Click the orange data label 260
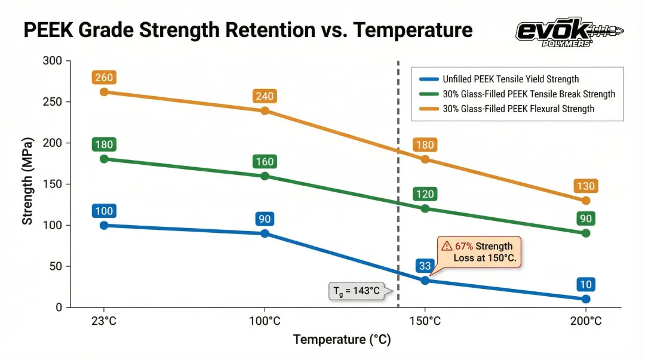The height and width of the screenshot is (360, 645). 104,78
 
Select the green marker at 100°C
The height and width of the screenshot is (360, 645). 265,176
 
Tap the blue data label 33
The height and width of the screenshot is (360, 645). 425,266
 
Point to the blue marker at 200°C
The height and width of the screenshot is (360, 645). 586,299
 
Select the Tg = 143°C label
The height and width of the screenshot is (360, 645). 357,291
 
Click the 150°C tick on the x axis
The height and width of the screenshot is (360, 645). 425,321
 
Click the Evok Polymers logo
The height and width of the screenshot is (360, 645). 568,33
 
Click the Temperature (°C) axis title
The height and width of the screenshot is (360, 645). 342,340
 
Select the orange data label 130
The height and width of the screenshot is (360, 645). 586,186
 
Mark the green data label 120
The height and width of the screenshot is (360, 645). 425,194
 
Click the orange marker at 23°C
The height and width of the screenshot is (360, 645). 104,92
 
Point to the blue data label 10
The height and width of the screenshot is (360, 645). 586,285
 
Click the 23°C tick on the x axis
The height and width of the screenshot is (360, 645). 104,321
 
